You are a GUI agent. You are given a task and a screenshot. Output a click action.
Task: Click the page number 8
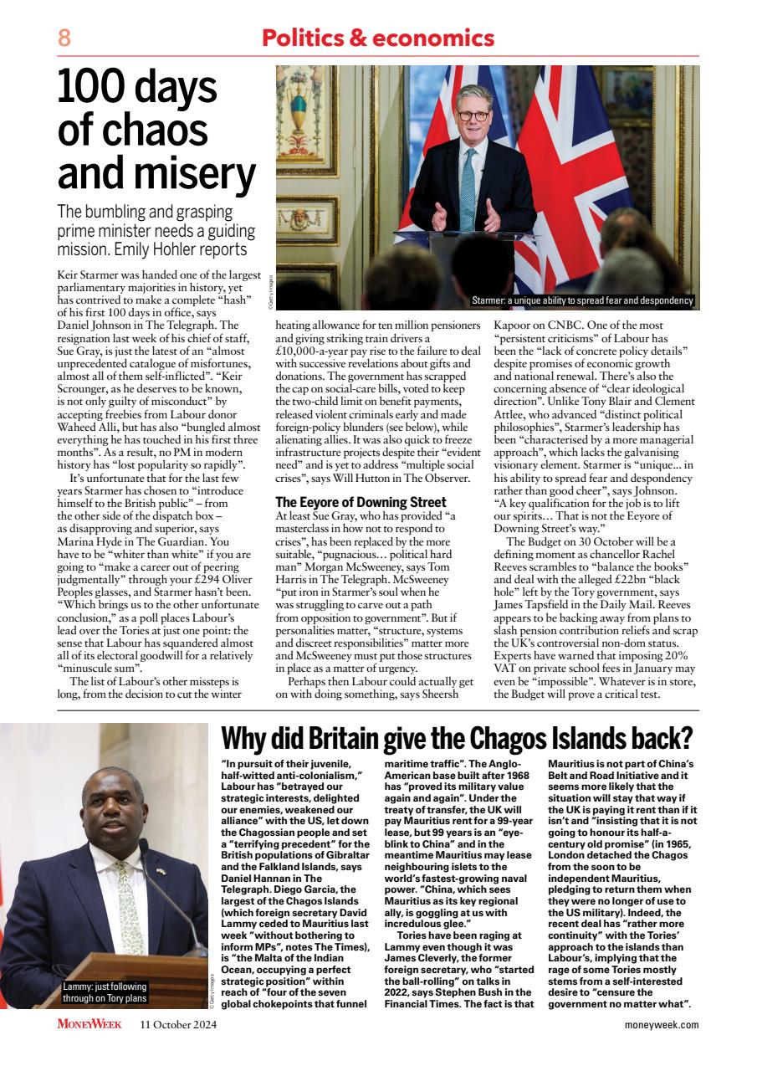point(64,38)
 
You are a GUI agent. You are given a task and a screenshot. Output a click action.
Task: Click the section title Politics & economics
point(378,38)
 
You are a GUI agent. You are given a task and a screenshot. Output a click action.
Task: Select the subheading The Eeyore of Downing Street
point(361,503)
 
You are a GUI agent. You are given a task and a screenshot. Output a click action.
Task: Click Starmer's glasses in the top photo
point(473,115)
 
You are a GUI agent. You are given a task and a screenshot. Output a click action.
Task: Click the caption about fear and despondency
point(582,300)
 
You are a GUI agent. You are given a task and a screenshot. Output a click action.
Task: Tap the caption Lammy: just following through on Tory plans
point(105,992)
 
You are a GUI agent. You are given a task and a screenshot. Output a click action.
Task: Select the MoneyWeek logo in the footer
point(90,1024)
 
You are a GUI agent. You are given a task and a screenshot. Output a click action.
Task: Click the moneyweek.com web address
point(662,1024)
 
